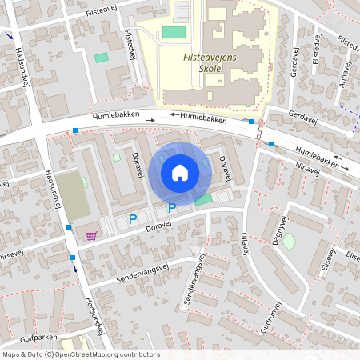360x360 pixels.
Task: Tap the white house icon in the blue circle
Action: (x=180, y=172)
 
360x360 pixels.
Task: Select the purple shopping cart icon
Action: (x=92, y=236)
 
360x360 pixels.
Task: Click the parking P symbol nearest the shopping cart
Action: (x=133, y=218)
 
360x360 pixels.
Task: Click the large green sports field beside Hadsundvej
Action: (x=72, y=194)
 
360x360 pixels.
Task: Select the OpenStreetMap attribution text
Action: (x=80, y=354)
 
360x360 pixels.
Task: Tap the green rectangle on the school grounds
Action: (x=174, y=32)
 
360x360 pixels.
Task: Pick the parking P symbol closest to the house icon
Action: (x=171, y=209)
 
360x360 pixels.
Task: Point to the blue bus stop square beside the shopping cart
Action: (x=70, y=227)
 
